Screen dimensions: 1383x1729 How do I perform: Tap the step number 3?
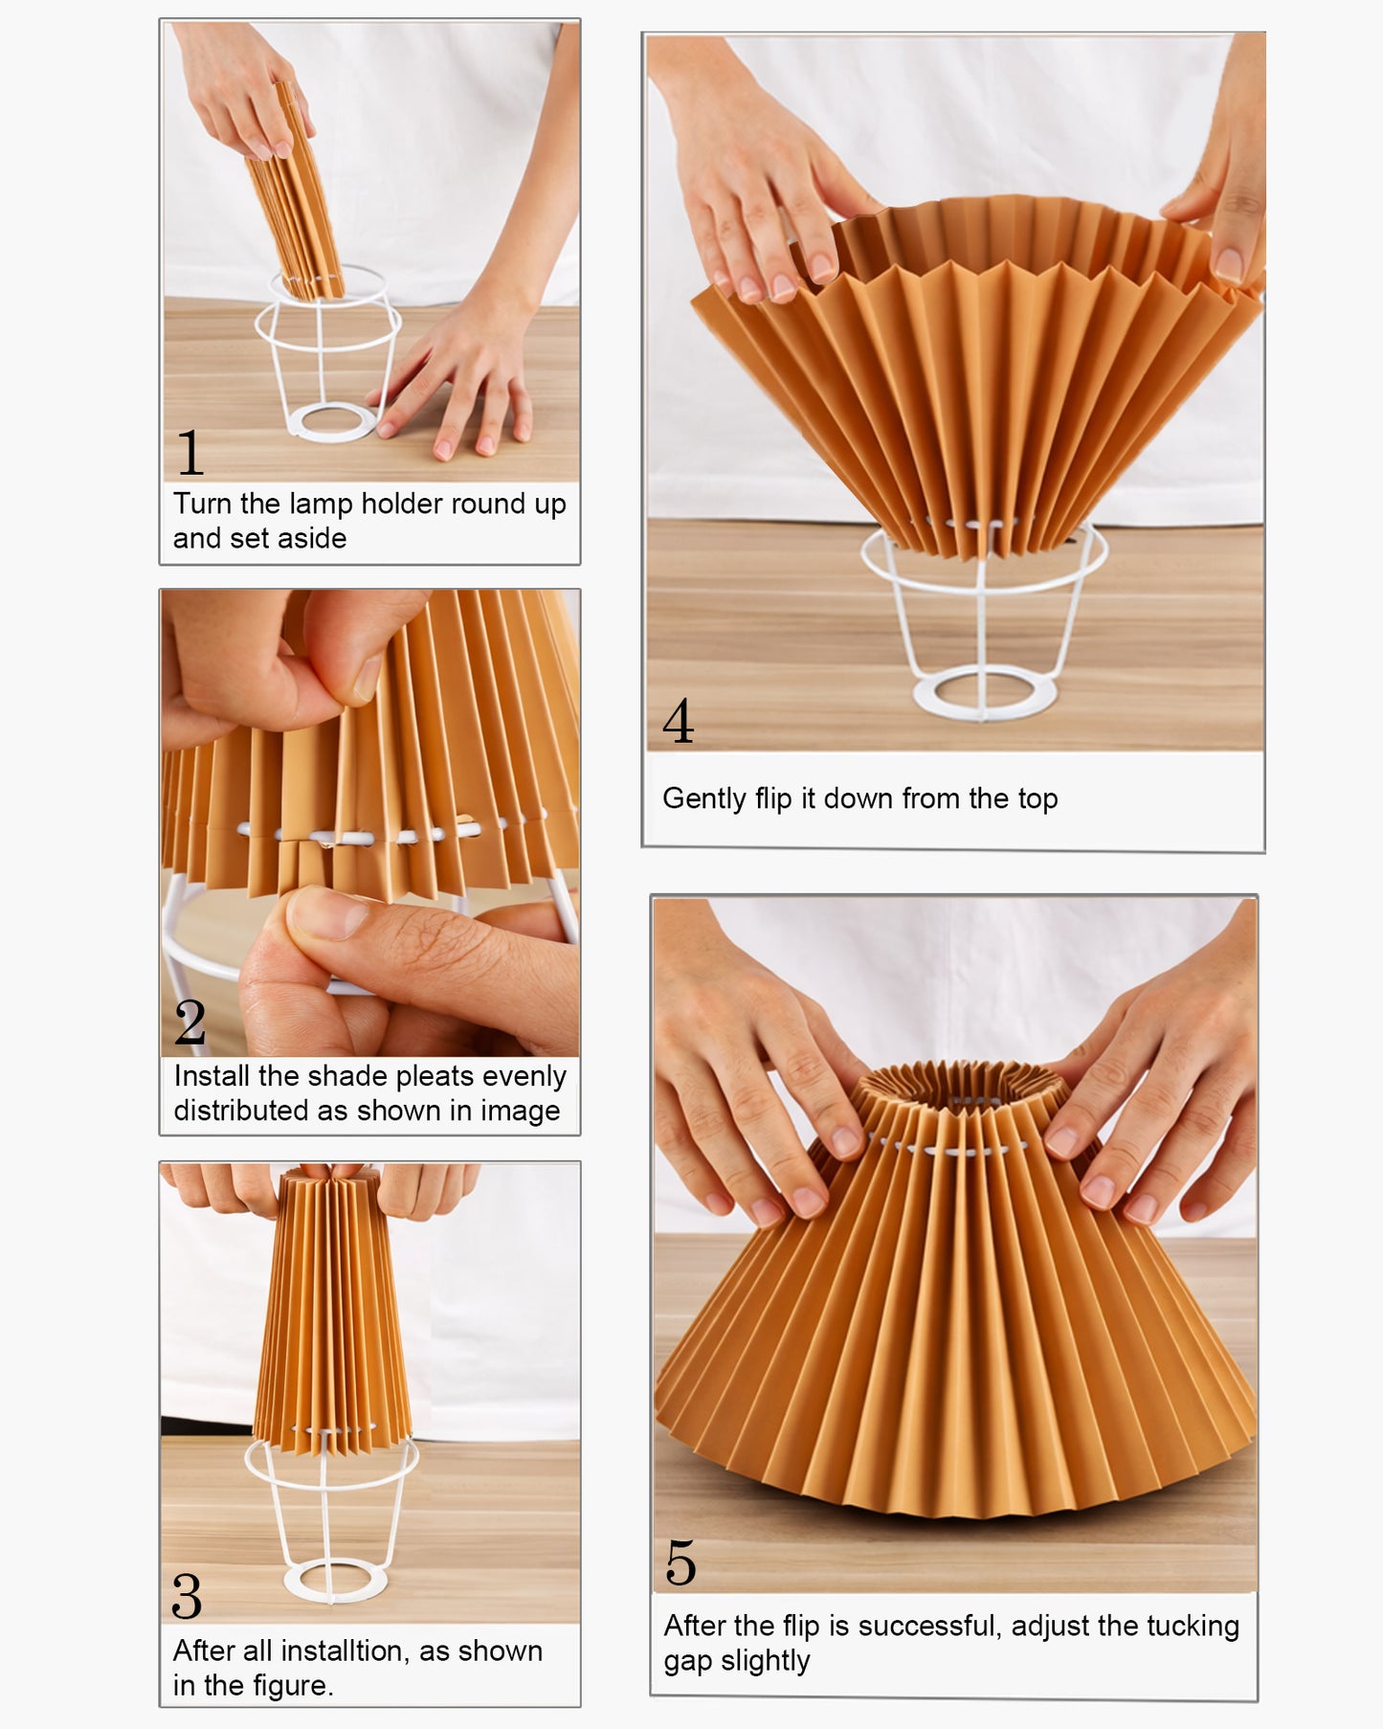coord(187,1596)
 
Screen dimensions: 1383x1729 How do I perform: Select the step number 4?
coord(679,721)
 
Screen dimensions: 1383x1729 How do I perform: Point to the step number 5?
coord(680,1563)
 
